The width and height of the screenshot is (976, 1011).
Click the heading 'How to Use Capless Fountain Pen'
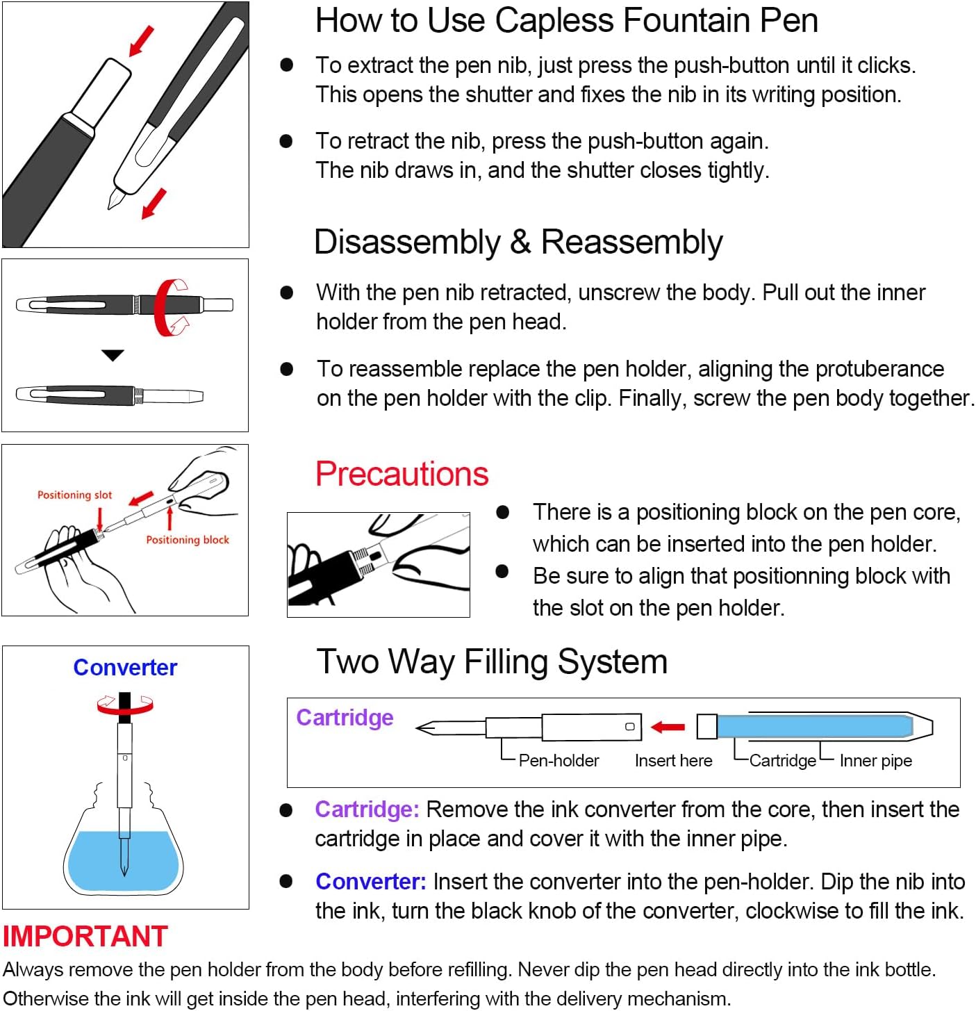[x=566, y=21]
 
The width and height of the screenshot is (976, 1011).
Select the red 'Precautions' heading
[x=402, y=474]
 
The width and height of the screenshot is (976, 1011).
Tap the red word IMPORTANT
[x=85, y=936]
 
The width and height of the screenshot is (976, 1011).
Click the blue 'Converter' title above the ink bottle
[x=125, y=667]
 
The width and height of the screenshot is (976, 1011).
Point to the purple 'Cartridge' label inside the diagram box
[x=345, y=717]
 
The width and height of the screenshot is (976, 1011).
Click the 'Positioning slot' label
[x=74, y=495]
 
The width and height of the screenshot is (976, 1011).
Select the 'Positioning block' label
[x=187, y=540]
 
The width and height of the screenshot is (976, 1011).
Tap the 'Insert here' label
[x=673, y=761]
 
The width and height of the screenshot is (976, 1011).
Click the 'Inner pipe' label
[x=875, y=761]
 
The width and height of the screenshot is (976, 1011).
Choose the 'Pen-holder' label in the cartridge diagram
[x=559, y=761]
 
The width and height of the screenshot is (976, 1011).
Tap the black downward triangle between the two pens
[x=113, y=355]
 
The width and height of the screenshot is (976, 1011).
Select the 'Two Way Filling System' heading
[x=492, y=661]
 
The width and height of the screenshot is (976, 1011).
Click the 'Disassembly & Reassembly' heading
[x=518, y=243]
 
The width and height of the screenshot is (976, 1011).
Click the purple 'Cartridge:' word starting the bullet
[x=367, y=809]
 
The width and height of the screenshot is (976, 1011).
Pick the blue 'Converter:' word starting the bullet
[x=370, y=882]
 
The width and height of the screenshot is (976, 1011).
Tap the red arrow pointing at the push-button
[x=142, y=42]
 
